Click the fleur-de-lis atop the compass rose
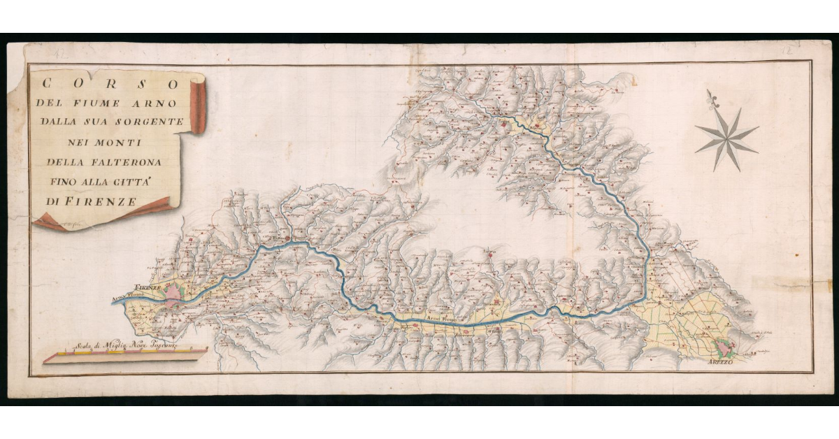[x=712, y=98]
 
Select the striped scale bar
[x=126, y=354]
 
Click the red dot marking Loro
[x=492, y=256]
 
